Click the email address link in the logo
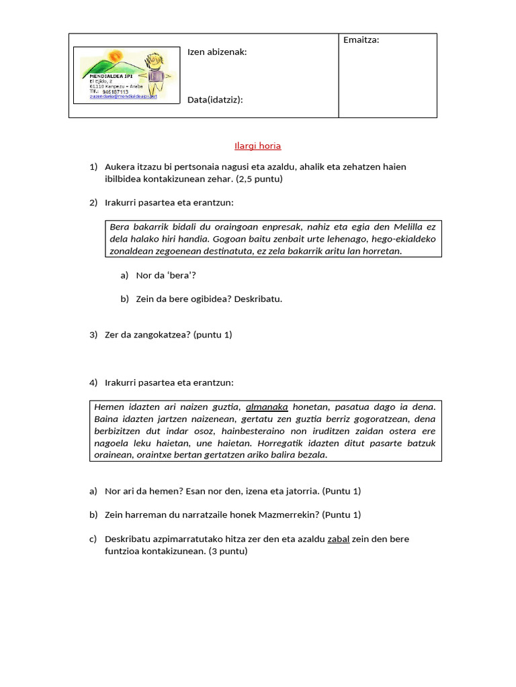click(123, 97)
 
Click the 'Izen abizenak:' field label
click(217, 52)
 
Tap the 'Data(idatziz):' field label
click(215, 100)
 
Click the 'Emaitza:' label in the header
click(361, 40)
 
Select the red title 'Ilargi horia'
click(257, 146)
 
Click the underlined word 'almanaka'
click(267, 407)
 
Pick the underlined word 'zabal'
click(338, 539)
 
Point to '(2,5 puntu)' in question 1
click(259, 179)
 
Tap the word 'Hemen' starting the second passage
click(109, 407)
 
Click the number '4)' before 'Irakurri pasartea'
click(93, 382)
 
